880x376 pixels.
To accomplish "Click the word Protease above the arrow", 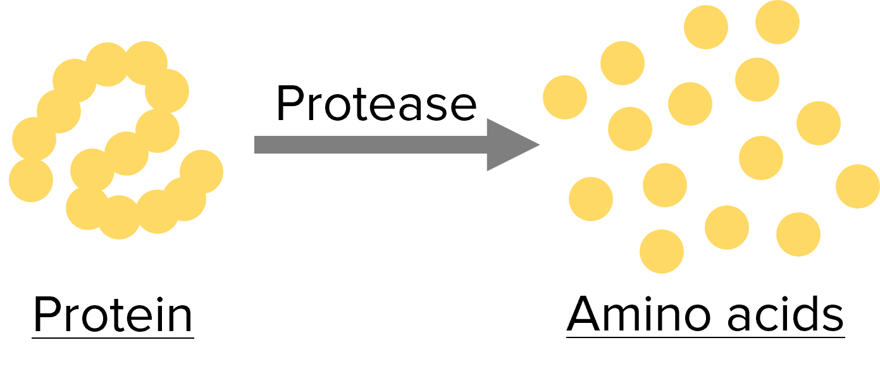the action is click(x=376, y=104).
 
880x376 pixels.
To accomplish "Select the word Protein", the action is click(x=113, y=314).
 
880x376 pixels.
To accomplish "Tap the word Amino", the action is click(x=638, y=314).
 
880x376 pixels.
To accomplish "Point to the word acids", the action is click(x=786, y=313).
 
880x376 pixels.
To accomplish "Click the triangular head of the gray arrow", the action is click(x=509, y=145).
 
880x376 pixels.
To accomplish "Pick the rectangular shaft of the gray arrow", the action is click(x=371, y=145).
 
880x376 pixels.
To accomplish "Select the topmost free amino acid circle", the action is click(x=778, y=22).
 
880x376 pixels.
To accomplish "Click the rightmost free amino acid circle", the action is click(x=858, y=186).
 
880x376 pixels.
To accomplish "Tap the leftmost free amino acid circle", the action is click(x=565, y=97).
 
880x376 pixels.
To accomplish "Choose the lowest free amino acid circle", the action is click(x=662, y=251).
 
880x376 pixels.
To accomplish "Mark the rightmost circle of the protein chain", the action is click(x=202, y=171).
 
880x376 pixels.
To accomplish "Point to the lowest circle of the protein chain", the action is click(x=119, y=217).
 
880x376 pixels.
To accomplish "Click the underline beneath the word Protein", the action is click(x=113, y=337).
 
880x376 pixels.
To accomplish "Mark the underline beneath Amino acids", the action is click(x=705, y=337).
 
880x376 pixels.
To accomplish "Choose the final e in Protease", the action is click(x=464, y=107).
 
